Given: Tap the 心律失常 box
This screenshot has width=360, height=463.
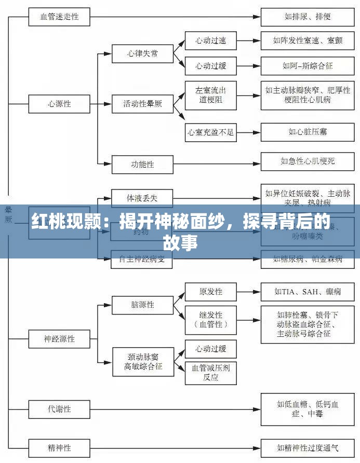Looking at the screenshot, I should (142, 53).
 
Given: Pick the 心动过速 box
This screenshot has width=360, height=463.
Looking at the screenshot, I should (210, 40).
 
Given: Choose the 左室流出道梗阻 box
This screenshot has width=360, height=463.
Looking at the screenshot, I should (210, 94).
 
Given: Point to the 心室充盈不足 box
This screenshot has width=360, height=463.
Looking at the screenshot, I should (210, 132).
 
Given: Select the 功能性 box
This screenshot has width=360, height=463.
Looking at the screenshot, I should (142, 165).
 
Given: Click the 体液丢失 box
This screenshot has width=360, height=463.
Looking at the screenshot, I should (142, 198).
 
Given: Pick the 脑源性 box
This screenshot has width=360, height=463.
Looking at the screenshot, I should (142, 305).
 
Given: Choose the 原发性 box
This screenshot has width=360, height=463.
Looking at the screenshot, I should (210, 292).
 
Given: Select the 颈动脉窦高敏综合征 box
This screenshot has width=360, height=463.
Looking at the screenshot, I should (142, 361).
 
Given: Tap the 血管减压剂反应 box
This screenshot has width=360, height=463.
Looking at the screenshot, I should (210, 372).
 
